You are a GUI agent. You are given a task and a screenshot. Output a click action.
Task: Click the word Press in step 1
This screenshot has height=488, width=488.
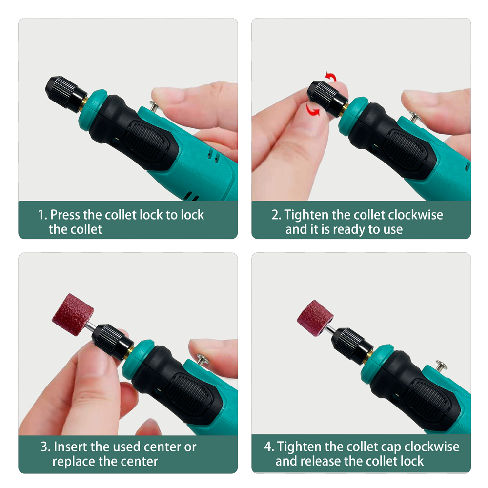coord(65,215)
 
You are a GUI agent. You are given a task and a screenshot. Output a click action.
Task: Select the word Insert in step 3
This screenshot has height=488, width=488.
coord(71,447)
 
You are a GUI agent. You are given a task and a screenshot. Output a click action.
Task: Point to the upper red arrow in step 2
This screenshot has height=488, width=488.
coord(331,76)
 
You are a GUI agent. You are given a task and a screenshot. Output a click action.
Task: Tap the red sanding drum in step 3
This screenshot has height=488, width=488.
coord(73,314)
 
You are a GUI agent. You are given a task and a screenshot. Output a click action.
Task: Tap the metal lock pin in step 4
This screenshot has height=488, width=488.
coord(442,366)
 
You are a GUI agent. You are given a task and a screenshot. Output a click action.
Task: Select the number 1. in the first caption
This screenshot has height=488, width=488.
coord(43,215)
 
